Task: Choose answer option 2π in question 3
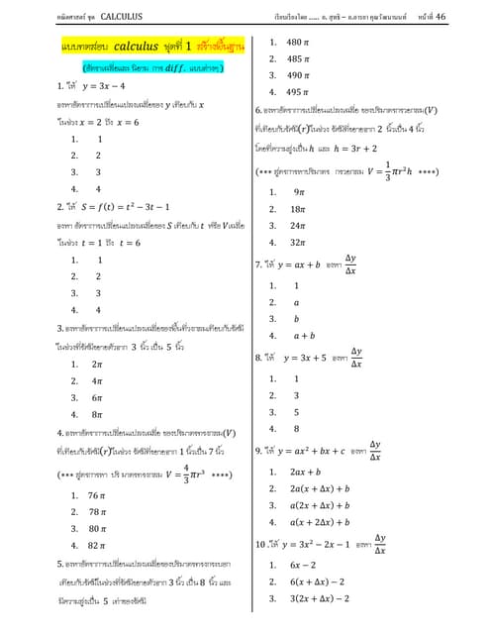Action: point(97,366)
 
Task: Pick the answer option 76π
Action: point(97,494)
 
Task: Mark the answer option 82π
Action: point(97,545)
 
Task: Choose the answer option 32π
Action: point(296,242)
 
